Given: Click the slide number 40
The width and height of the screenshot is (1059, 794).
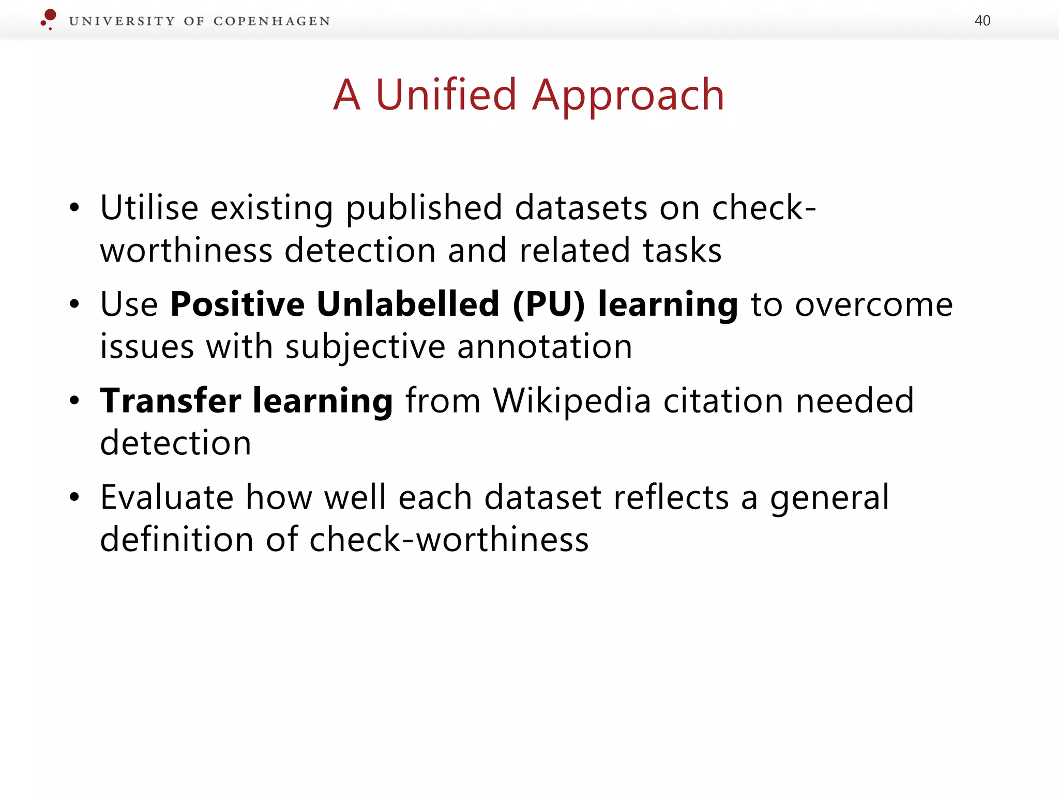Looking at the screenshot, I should click(x=982, y=21).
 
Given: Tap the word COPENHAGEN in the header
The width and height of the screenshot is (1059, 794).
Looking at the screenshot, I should click(x=271, y=21).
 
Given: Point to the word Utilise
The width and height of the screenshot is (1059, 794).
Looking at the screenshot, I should click(x=149, y=208).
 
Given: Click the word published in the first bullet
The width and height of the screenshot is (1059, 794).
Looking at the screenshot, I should click(x=423, y=209).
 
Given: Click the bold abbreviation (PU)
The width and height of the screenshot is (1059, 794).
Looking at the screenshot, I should click(x=549, y=304).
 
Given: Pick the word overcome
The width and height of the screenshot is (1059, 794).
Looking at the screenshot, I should click(x=874, y=305).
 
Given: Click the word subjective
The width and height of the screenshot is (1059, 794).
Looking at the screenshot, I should click(x=365, y=347).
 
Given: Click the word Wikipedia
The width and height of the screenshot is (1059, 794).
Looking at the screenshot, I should click(x=571, y=401).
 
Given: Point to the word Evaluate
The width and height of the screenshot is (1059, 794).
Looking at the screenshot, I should click(x=167, y=497).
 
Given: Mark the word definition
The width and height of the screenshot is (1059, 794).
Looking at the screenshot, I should click(x=176, y=540).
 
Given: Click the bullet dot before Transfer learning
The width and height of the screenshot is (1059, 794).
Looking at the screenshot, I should click(x=75, y=401).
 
